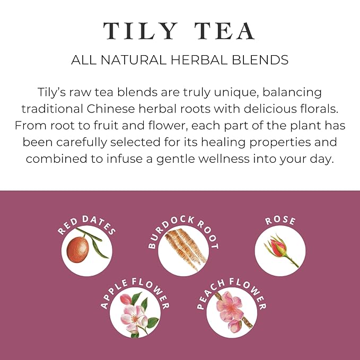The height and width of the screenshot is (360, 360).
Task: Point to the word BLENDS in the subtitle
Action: [261, 60]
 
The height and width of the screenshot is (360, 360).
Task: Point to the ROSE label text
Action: [280, 221]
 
